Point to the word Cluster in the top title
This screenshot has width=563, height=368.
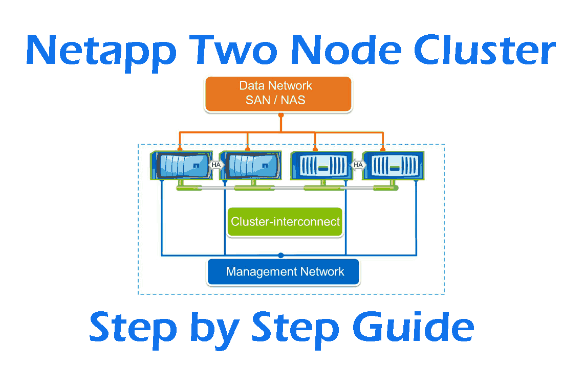pos(484,51)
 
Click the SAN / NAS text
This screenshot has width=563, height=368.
pos(275,100)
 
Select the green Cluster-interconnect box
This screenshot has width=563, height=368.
pos(285,222)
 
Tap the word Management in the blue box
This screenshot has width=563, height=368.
pos(259,271)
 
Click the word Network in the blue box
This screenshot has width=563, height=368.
pos(322,271)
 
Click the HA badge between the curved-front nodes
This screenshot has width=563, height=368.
pos(216,165)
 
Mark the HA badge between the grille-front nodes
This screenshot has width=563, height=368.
pos(358,165)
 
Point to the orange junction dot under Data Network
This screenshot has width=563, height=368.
pos(280,115)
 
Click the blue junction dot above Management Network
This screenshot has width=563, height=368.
pos(280,255)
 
